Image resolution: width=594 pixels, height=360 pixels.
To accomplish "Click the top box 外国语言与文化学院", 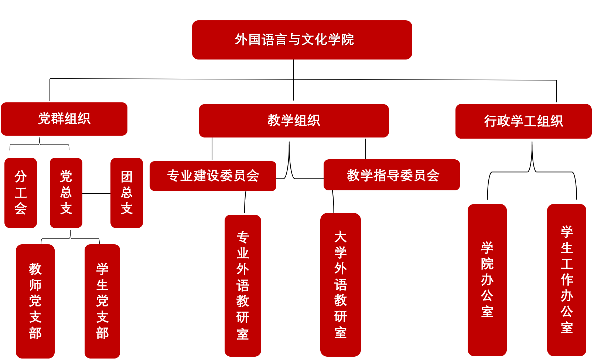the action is pyautogui.click(x=302, y=40).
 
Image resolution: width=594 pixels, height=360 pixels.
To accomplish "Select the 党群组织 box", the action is pyautogui.click(x=64, y=119).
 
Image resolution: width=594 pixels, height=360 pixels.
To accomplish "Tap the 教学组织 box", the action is pyautogui.click(x=294, y=121).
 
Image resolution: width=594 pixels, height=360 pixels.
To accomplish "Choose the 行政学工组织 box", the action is pyautogui.click(x=523, y=121).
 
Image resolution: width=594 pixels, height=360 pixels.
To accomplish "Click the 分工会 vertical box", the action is pyautogui.click(x=21, y=193).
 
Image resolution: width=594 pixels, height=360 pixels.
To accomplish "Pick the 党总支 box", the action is pyautogui.click(x=66, y=193).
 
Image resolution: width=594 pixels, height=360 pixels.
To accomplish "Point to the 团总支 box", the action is pyautogui.click(x=127, y=193).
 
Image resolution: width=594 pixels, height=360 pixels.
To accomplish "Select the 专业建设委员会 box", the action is pyautogui.click(x=213, y=176).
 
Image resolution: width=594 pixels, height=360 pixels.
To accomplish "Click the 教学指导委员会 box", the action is pyautogui.click(x=392, y=175).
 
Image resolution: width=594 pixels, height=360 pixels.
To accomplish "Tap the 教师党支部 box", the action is pyautogui.click(x=35, y=301).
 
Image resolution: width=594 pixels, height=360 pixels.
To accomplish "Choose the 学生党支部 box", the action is pyautogui.click(x=102, y=301).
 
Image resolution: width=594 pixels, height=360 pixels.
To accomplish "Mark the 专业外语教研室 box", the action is pyautogui.click(x=243, y=286).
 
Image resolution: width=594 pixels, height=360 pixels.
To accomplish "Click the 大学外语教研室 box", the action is pyautogui.click(x=341, y=285).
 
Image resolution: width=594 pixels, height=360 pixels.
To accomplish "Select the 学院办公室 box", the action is pyautogui.click(x=487, y=280).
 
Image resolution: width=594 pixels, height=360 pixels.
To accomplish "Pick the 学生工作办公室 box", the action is pyautogui.click(x=567, y=280).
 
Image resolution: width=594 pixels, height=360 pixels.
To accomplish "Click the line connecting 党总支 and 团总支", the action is pyautogui.click(x=96, y=194).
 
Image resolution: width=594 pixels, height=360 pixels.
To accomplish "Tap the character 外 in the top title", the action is pyautogui.click(x=241, y=40).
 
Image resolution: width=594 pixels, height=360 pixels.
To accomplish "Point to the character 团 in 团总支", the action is pyautogui.click(x=127, y=177).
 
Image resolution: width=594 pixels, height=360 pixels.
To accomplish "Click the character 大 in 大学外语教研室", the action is pyautogui.click(x=341, y=237).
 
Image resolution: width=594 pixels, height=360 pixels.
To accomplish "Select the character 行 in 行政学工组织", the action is pyautogui.click(x=490, y=121).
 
